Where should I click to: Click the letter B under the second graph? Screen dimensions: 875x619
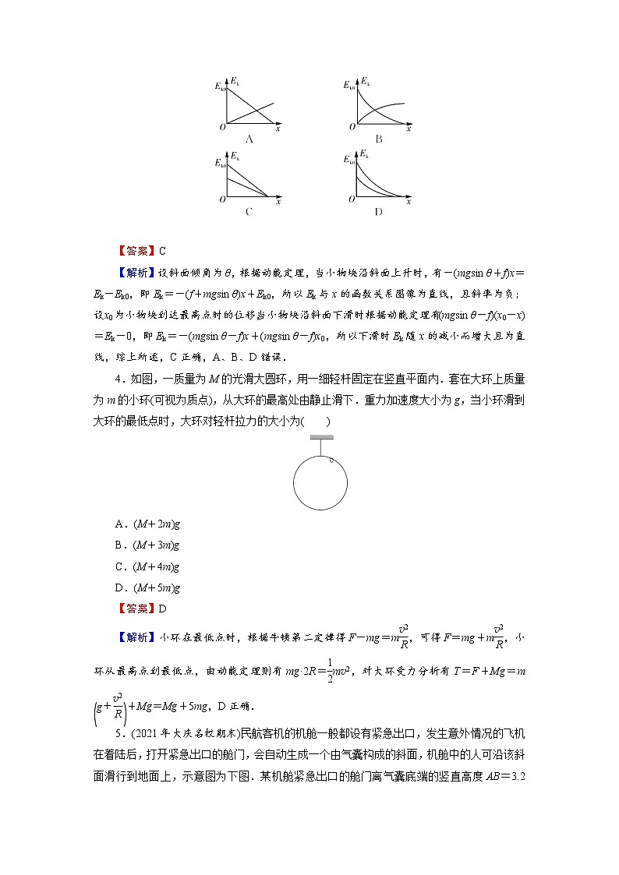coord(378,139)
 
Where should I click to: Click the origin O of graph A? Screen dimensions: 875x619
coord(222,126)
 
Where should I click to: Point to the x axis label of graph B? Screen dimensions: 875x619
coord(408,127)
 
